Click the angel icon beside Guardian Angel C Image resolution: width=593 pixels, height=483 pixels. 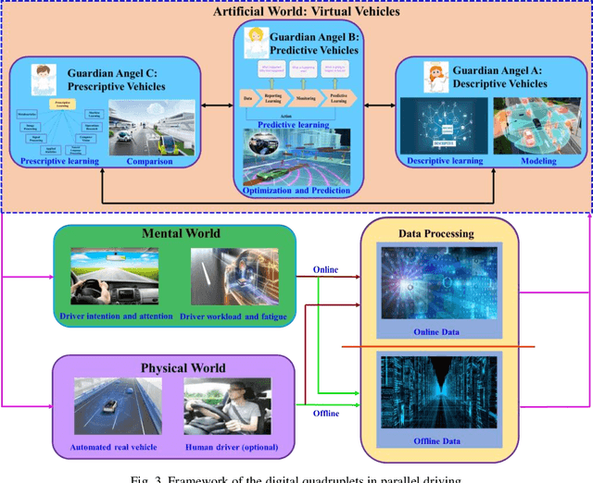click(x=43, y=77)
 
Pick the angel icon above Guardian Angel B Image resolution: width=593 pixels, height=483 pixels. click(x=254, y=42)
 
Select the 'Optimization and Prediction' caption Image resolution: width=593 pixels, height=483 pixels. click(x=296, y=190)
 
